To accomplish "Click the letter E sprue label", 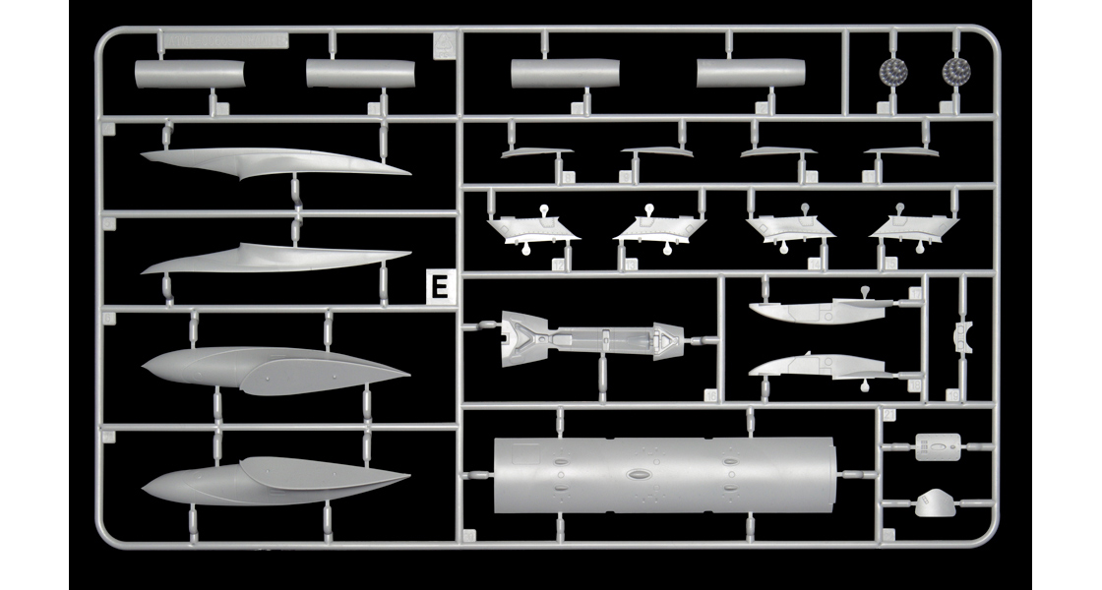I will pyautogui.click(x=440, y=288).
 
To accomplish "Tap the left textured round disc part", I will pyautogui.click(x=893, y=71).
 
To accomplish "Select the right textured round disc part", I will pyautogui.click(x=954, y=71).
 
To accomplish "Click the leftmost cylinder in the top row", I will pyautogui.click(x=190, y=74).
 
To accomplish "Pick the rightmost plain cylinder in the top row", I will pyautogui.click(x=752, y=73).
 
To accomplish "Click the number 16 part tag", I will pyautogui.click(x=710, y=394).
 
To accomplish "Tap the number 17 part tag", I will pyautogui.click(x=915, y=293).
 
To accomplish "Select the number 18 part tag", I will pyautogui.click(x=915, y=386).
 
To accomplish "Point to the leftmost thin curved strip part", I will pyautogui.click(x=536, y=152).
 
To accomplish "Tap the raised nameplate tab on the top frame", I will pyautogui.click(x=224, y=40).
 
